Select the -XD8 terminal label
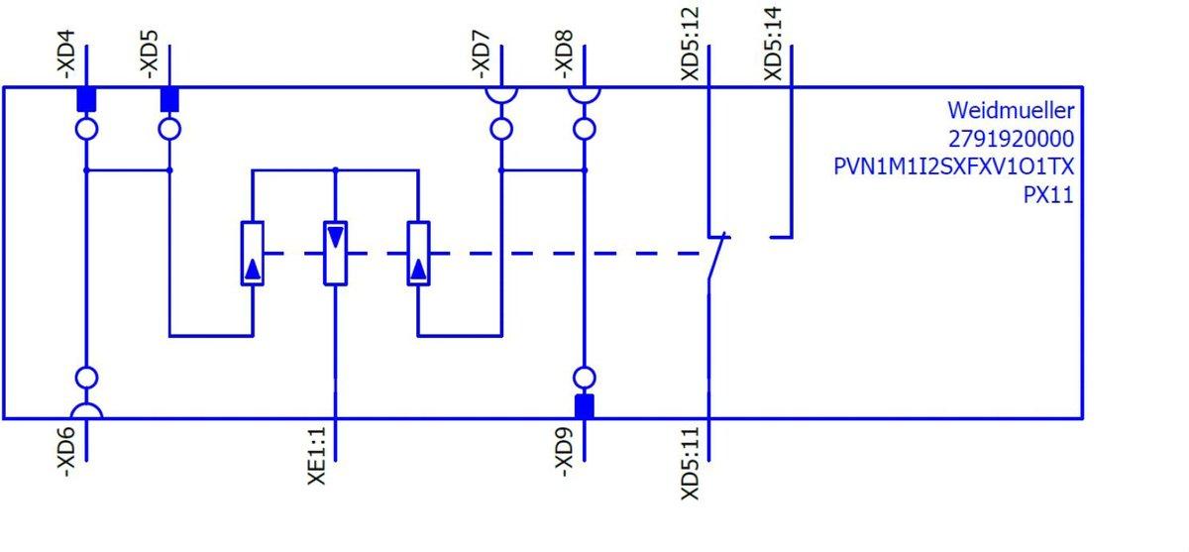tap(564, 59)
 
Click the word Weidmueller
tap(1011, 109)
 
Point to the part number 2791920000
tap(1011, 138)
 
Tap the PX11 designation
tap(1048, 195)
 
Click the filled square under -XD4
tap(86, 99)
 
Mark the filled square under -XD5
tap(169, 99)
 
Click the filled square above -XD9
tap(585, 406)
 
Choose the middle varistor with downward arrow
tap(337, 254)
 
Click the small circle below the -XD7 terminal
tap(501, 129)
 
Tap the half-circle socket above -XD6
tap(86, 411)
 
